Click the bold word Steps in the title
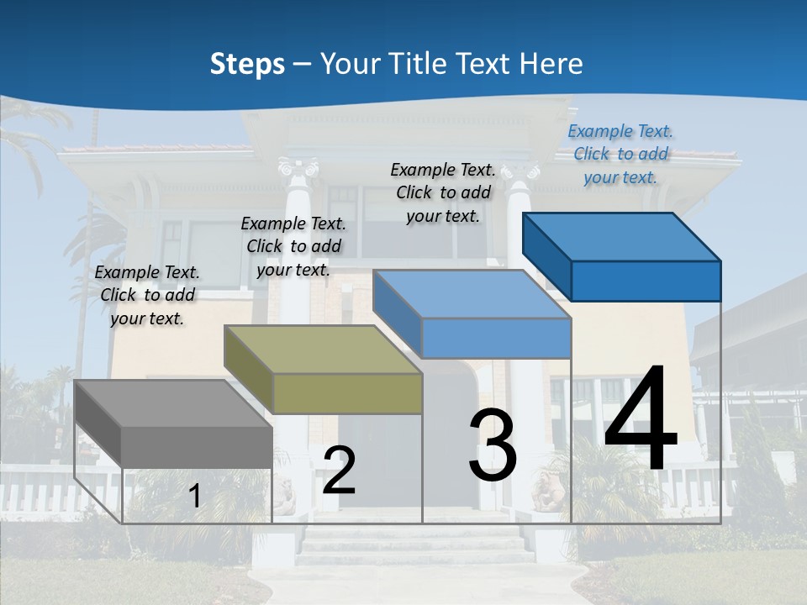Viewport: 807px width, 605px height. pyautogui.click(x=246, y=64)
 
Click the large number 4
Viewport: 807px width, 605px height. pyautogui.click(x=641, y=418)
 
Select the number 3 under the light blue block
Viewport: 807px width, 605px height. pyautogui.click(x=493, y=445)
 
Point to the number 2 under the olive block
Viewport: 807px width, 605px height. pyautogui.click(x=339, y=471)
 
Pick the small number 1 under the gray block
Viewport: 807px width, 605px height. pyautogui.click(x=194, y=497)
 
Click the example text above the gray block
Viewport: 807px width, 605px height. pyautogui.click(x=147, y=295)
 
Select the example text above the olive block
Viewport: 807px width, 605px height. pyautogui.click(x=293, y=246)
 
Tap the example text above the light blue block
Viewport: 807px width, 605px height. pyautogui.click(x=443, y=192)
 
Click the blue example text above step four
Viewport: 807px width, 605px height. pyautogui.click(x=620, y=154)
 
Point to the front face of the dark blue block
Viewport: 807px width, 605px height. pyautogui.click(x=646, y=281)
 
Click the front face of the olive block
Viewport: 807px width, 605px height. pyautogui.click(x=347, y=393)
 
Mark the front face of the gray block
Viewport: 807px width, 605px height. pyautogui.click(x=197, y=447)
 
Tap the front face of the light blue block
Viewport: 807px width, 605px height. pyautogui.click(x=496, y=338)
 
